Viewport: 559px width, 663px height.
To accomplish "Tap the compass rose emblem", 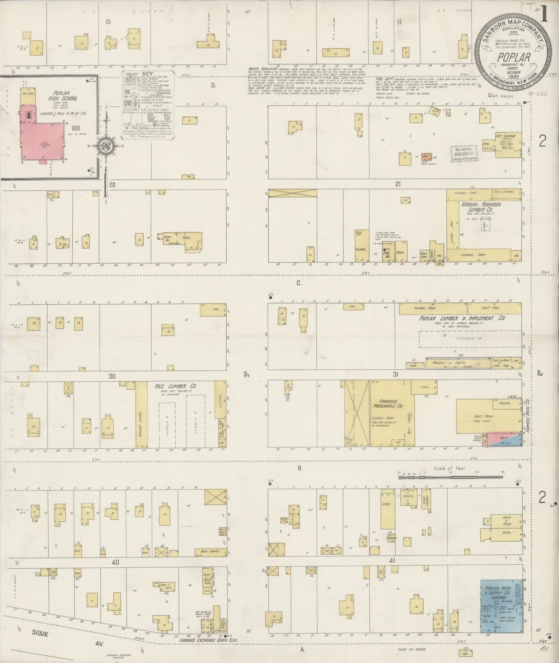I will (x=105, y=146).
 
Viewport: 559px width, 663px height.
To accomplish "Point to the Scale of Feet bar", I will (x=450, y=477).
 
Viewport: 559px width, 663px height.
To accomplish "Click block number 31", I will (x=395, y=374).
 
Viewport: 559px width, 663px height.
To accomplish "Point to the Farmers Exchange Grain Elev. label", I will (x=208, y=640).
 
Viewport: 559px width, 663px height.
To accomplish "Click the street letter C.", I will (x=299, y=283).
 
